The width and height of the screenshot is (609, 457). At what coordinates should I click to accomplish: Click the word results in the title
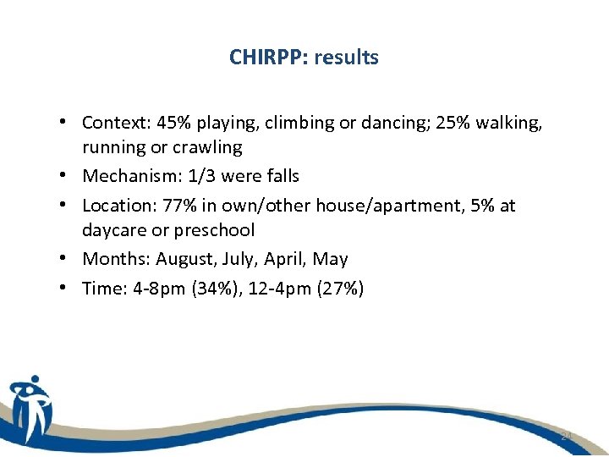pos(345,58)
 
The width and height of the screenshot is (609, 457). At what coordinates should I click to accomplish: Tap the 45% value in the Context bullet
pos(173,122)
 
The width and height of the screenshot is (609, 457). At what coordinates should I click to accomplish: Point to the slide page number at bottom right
pos(566,437)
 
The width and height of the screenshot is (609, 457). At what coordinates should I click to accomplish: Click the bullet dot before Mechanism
pos(65,176)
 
